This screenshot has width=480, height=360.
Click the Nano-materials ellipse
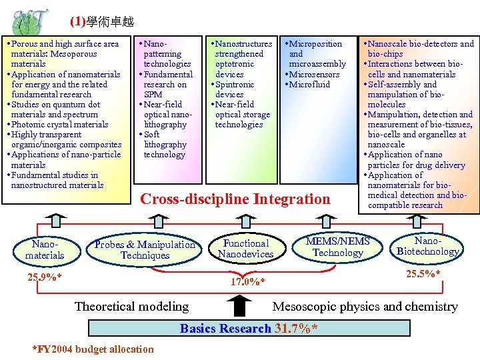point(45,250)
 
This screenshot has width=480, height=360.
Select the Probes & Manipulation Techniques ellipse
point(145,249)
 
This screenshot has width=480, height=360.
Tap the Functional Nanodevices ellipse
point(245,248)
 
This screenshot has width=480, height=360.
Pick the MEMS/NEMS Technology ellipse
point(337,247)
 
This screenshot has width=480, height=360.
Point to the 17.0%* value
point(247,281)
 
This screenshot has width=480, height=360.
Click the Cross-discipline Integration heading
point(235,199)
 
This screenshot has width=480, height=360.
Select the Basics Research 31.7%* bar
point(247,328)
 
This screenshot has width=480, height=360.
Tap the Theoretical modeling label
point(131,307)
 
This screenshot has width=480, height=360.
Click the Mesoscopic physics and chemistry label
point(365,307)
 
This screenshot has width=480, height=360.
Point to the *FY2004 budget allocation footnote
point(93,349)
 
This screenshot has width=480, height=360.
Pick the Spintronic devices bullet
point(235,89)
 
